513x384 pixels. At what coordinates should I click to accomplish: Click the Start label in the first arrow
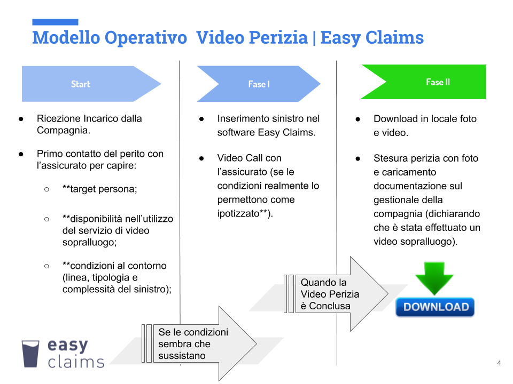coord(81,84)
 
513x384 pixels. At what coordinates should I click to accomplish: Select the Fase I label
coord(259,84)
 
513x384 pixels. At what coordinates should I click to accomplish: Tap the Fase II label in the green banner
coord(438,82)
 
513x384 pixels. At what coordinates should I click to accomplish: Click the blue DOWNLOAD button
coord(435,307)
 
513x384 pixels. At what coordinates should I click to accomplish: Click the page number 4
coord(499,363)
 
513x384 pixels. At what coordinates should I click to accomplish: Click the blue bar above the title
coord(55,22)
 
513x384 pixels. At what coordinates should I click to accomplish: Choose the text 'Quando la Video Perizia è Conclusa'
coord(330,294)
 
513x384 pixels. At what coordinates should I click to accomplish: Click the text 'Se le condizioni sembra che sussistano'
coord(193,344)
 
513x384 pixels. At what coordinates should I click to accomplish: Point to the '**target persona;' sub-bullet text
coord(100,189)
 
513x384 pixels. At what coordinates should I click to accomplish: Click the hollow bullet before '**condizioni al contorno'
coord(46,266)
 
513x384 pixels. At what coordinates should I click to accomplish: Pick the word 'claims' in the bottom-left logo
coord(76,362)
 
